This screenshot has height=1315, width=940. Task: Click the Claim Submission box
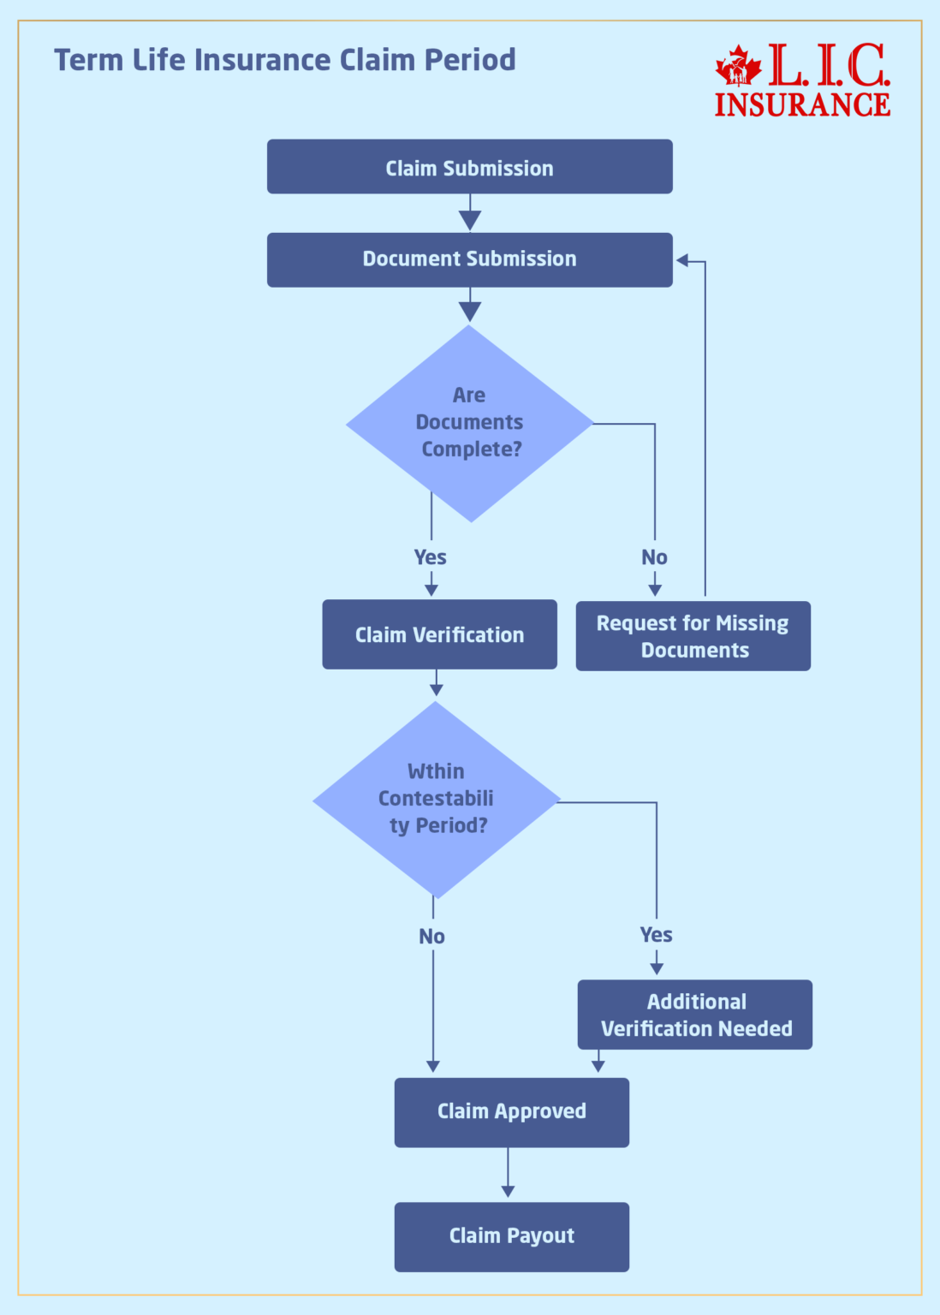pyautogui.click(x=469, y=167)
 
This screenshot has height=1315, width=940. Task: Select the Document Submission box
pyautogui.click(x=469, y=259)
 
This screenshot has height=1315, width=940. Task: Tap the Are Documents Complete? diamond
pyautogui.click(x=469, y=423)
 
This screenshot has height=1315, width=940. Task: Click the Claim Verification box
pyautogui.click(x=439, y=634)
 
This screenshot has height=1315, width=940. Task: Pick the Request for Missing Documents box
pyautogui.click(x=693, y=636)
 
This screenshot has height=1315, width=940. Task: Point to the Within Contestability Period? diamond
pyautogui.click(x=437, y=800)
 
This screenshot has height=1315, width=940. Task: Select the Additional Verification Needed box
pyautogui.click(x=694, y=1015)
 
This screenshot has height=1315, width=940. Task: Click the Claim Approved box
pyautogui.click(x=511, y=1112)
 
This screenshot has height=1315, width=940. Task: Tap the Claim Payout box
pyautogui.click(x=511, y=1236)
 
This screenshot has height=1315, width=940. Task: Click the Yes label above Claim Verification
pyautogui.click(x=430, y=557)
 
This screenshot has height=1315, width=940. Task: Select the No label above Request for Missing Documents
pyautogui.click(x=654, y=557)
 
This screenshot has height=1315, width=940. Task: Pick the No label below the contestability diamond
pyautogui.click(x=431, y=937)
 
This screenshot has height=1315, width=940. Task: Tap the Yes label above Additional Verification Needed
pyautogui.click(x=656, y=935)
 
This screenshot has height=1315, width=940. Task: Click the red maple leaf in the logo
pyautogui.click(x=738, y=66)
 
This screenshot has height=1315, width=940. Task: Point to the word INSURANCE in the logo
pyautogui.click(x=802, y=104)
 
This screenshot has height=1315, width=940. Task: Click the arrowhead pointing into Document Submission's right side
pyautogui.click(x=682, y=260)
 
